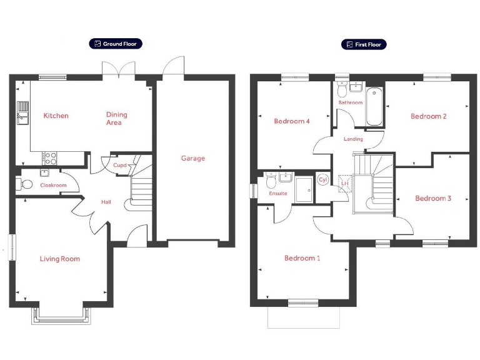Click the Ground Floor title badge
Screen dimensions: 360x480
[x=116, y=44]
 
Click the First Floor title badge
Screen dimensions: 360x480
[x=364, y=44]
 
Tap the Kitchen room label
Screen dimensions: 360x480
[x=56, y=116]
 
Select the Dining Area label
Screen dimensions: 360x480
[x=116, y=119]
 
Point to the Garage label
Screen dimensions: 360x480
[x=193, y=158]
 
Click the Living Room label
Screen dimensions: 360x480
[x=60, y=259]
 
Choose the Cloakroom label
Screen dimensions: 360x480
[x=53, y=186]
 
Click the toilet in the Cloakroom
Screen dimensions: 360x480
[x=26, y=184]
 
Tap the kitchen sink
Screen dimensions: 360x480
[x=23, y=114]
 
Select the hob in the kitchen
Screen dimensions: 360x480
[x=49, y=158]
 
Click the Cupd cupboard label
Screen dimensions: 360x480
[x=119, y=165]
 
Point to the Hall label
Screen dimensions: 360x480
[x=106, y=202]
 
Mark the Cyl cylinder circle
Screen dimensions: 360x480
[x=323, y=180]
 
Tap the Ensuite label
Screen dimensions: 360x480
[x=277, y=194]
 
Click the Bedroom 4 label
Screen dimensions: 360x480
[x=292, y=121]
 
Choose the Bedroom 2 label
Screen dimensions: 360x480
[x=428, y=116]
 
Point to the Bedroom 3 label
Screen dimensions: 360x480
[x=433, y=199]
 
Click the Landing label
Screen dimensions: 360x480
[x=353, y=139]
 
